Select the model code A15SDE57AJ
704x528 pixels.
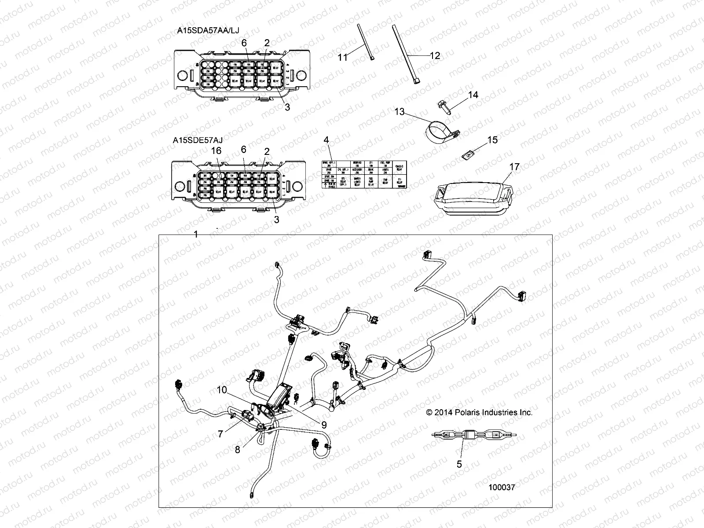click(x=197, y=140)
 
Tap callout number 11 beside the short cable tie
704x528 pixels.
click(x=343, y=57)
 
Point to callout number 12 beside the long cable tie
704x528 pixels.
click(x=435, y=55)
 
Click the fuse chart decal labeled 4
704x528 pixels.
click(x=364, y=174)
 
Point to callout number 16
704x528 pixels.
click(x=216, y=151)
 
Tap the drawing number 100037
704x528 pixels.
click(x=502, y=488)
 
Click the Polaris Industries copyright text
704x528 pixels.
click(x=479, y=413)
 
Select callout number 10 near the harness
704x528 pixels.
click(x=221, y=390)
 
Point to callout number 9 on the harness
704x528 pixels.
click(x=324, y=425)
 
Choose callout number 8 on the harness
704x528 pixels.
click(x=238, y=450)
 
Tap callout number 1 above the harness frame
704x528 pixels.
click(x=196, y=235)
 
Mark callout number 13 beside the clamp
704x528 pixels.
click(x=399, y=112)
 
